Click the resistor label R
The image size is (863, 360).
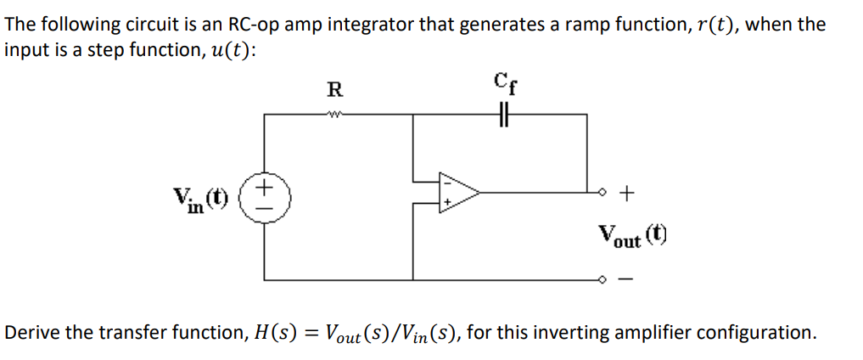(x=335, y=88)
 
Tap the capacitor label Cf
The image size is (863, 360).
(x=504, y=84)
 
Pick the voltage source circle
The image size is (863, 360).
(x=265, y=194)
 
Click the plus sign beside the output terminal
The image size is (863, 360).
(x=626, y=194)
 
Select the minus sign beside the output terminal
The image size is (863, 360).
(x=626, y=280)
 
